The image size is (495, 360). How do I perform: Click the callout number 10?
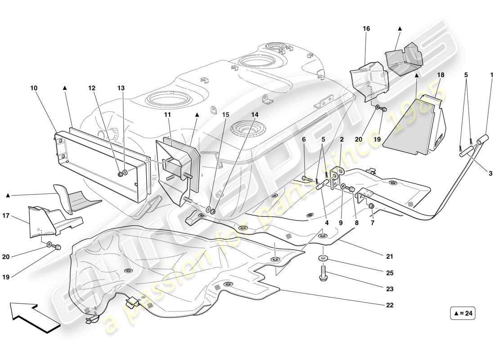pyautogui.click(x=34, y=89)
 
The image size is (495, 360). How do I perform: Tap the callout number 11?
pyautogui.click(x=167, y=115)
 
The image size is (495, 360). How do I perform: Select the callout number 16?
pyautogui.click(x=367, y=28)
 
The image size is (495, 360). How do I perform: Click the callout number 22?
pyautogui.click(x=390, y=305)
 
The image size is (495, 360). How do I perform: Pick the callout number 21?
pyautogui.click(x=390, y=256)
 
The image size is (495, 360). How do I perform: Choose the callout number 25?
pyautogui.click(x=390, y=273)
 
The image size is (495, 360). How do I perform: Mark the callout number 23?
pyautogui.click(x=390, y=289)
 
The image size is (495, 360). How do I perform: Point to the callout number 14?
pyautogui.click(x=255, y=115)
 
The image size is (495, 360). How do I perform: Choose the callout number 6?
pyautogui.click(x=304, y=140)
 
